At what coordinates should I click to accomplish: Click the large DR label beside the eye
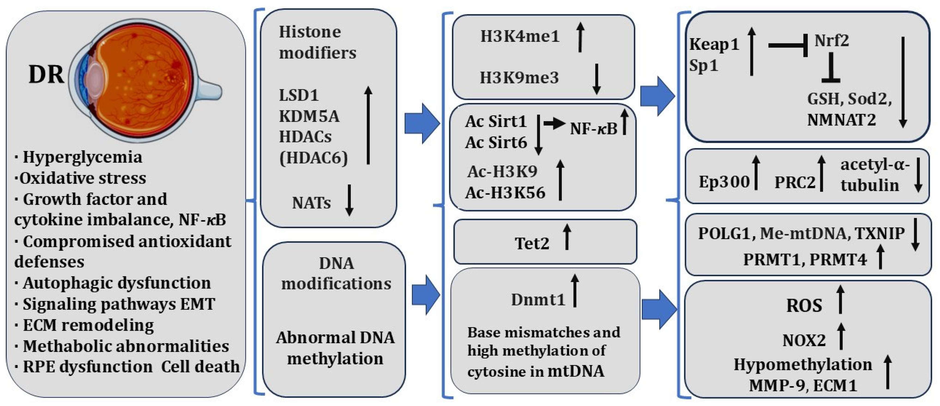tap(46, 75)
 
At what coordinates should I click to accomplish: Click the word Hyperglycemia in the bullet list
tap(82, 157)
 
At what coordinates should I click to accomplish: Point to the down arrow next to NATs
tap(349, 200)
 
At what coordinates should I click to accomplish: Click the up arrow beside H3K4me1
tap(580, 36)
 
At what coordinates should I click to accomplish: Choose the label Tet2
tap(532, 243)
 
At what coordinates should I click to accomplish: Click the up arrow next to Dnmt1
tap(575, 291)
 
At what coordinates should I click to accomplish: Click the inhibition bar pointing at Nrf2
tap(788, 45)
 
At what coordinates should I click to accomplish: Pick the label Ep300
tap(724, 182)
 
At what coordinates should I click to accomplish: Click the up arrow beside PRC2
tap(821, 173)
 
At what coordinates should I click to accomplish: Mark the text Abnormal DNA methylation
tap(335, 348)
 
